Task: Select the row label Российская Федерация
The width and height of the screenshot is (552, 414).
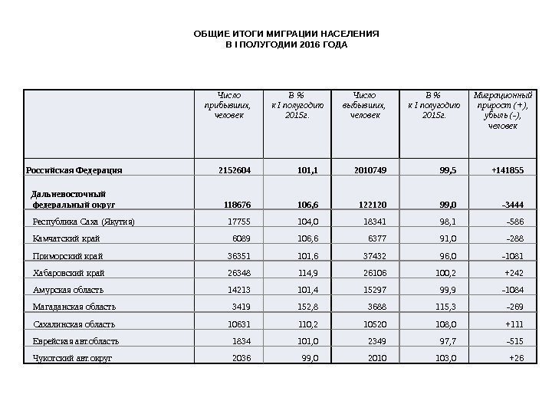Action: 74,170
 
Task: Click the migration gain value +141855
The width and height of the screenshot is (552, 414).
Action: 508,170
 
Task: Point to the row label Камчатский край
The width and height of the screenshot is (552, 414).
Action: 67,238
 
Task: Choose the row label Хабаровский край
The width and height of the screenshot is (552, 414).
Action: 69,273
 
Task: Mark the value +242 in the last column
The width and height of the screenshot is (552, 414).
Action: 514,273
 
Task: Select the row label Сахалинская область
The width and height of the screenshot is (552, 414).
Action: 74,324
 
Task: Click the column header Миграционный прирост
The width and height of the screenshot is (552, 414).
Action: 504,110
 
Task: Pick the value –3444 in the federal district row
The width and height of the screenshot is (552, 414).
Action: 512,205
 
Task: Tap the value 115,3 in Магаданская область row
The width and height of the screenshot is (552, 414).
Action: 444,307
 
